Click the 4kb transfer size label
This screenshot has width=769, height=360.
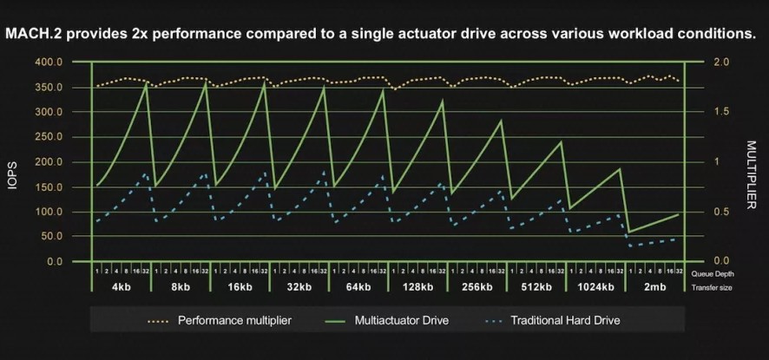point(122,287)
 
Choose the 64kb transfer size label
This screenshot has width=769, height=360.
point(358,287)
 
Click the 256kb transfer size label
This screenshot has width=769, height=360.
point(477,287)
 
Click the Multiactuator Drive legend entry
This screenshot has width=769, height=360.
point(400,320)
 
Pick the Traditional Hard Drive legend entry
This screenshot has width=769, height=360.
point(565,320)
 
